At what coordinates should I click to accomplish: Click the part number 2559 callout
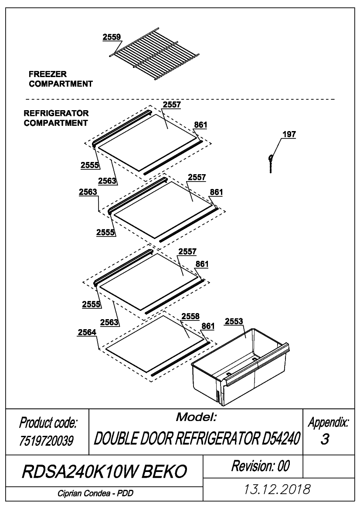[112, 37]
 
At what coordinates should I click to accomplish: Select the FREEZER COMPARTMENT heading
[61, 79]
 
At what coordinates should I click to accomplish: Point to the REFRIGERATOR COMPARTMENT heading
[56, 118]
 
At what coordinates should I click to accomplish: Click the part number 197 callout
[289, 135]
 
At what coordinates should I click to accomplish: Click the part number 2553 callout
[234, 321]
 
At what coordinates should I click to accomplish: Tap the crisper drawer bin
[241, 367]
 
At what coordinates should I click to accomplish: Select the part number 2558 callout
[190, 316]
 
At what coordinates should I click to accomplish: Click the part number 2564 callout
[87, 332]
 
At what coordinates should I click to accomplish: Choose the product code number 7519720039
[47, 441]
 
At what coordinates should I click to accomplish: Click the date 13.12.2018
[277, 489]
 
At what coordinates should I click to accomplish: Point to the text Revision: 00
[260, 466]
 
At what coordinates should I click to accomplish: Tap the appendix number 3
[325, 439]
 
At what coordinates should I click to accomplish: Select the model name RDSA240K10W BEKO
[104, 471]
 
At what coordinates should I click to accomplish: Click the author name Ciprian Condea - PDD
[95, 493]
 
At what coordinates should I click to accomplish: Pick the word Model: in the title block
[196, 417]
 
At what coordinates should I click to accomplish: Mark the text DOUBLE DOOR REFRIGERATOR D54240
[196, 439]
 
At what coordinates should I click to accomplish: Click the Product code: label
[48, 423]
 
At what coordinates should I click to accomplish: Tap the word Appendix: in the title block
[329, 422]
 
